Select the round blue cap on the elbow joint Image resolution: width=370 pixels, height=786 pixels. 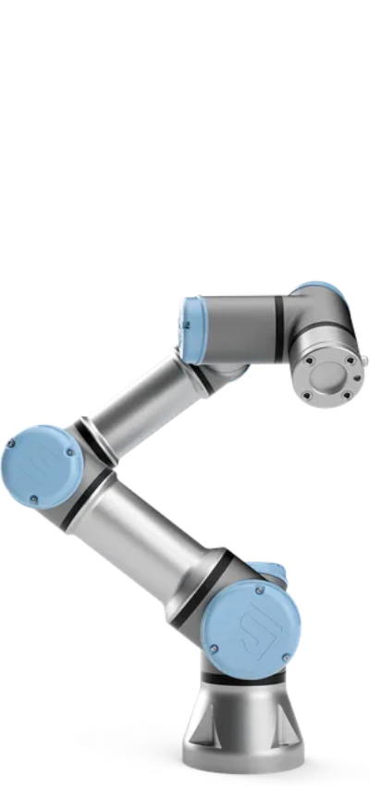click(x=42, y=466)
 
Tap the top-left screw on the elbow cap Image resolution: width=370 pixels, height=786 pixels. click(x=18, y=443)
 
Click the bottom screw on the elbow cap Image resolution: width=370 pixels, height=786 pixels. click(x=34, y=500)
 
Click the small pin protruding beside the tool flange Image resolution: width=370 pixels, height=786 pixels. click(x=364, y=358)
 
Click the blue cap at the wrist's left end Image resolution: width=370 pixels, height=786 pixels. click(x=191, y=328)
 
